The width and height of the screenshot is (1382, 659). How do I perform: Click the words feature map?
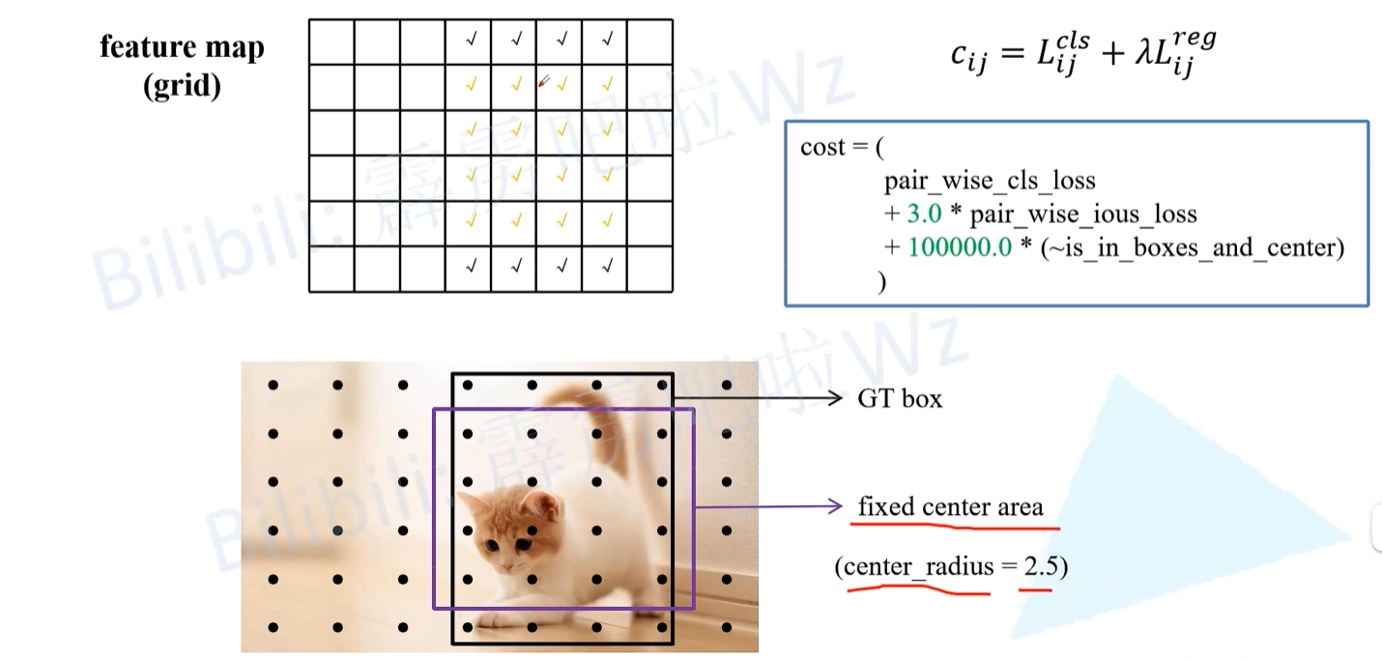tap(182, 47)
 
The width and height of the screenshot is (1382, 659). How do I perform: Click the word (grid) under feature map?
tap(182, 86)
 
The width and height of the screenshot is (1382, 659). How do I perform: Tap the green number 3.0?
tap(924, 214)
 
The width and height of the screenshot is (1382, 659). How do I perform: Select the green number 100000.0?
tap(960, 247)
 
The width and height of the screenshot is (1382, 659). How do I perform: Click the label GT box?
tap(900, 398)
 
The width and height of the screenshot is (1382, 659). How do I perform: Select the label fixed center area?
tap(950, 506)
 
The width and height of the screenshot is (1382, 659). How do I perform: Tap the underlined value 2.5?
tap(1042, 566)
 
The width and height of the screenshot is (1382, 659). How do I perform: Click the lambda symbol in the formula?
tap(1141, 55)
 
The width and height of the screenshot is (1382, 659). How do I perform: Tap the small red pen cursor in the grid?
tap(544, 83)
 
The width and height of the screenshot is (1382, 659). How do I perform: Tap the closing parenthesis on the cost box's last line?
tap(880, 281)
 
